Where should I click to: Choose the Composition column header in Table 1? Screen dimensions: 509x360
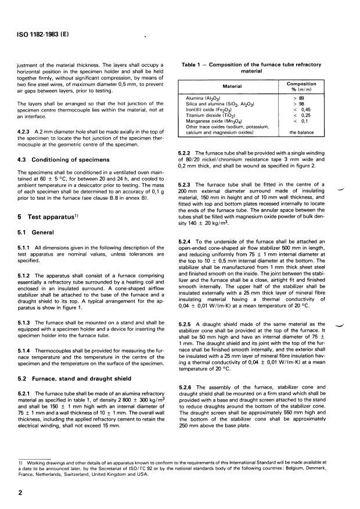click(x=301, y=87)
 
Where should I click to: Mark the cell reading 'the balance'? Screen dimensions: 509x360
click(x=302, y=132)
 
